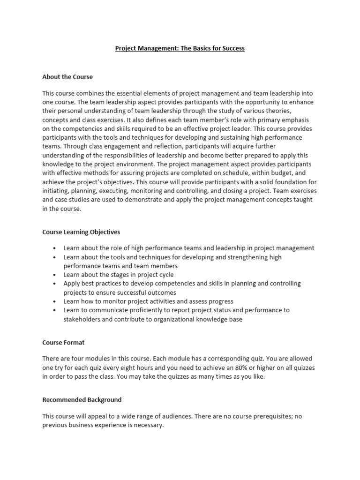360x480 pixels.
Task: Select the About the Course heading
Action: (x=67, y=76)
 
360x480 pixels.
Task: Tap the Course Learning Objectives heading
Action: (x=81, y=232)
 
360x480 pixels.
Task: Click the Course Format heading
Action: (x=63, y=342)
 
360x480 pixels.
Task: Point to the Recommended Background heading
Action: (x=82, y=400)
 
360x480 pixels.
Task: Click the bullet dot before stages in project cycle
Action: (x=55, y=275)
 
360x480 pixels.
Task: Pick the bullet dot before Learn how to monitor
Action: (x=55, y=301)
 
